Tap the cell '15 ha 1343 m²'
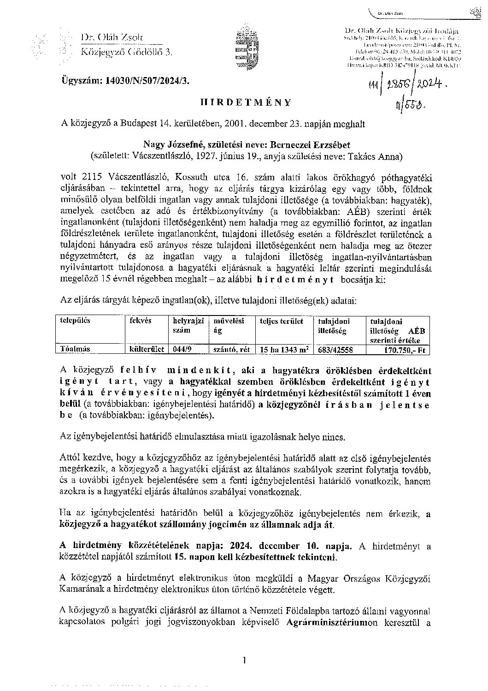click(x=282, y=349)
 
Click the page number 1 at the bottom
click(x=244, y=661)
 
